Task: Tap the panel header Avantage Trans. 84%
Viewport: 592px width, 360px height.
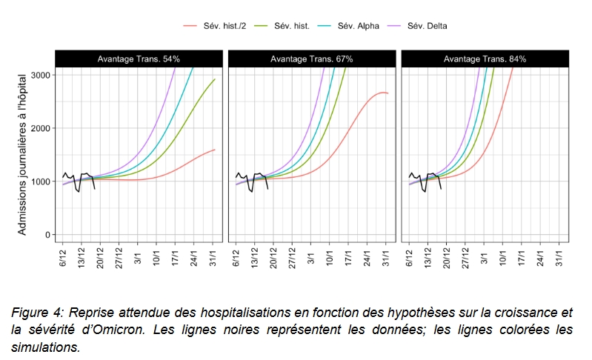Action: coord(485,59)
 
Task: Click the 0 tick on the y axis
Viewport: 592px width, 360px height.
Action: coord(47,235)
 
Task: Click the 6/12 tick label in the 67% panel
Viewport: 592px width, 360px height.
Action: coord(236,256)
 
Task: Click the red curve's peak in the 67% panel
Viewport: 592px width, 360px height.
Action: coord(382,93)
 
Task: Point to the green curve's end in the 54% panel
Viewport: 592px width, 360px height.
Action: coord(215,79)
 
